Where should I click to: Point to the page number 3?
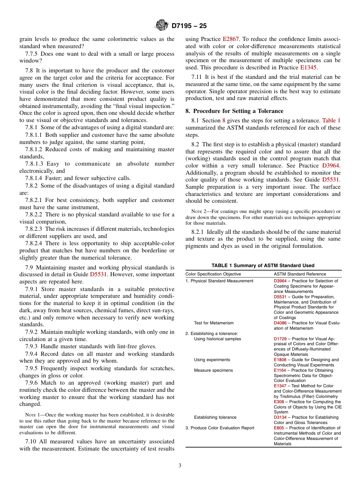pyautogui.click(x=180, y=466)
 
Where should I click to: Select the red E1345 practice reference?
pyautogui.click(x=308, y=67)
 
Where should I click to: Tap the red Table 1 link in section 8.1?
pyautogui.click(x=331, y=121)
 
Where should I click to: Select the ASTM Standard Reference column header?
pyautogui.click(x=300, y=274)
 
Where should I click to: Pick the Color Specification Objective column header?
pyautogui.click(x=213, y=274)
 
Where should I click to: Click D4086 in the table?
pyautogui.click(x=280, y=323)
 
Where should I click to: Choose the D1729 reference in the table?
pyautogui.click(x=280, y=339)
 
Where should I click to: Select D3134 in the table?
pyautogui.click(x=280, y=417)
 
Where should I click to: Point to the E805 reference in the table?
pyautogui.click(x=279, y=428)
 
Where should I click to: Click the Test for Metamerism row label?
pyautogui.click(x=214, y=323)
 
